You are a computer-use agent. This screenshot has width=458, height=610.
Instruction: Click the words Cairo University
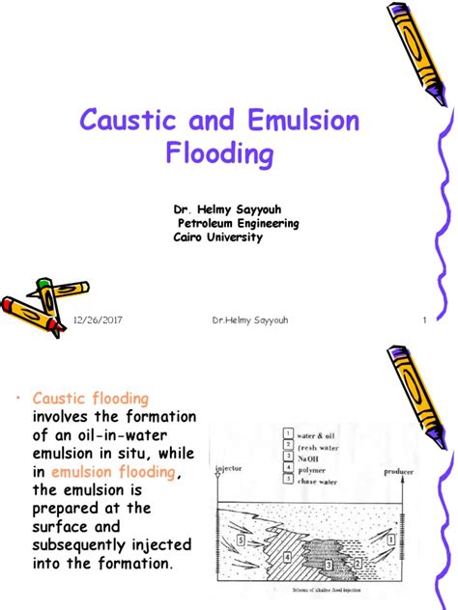click(x=217, y=237)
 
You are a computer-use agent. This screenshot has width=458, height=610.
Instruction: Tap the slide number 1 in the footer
click(x=424, y=319)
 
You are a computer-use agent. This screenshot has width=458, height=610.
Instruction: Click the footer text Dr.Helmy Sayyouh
click(x=247, y=319)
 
